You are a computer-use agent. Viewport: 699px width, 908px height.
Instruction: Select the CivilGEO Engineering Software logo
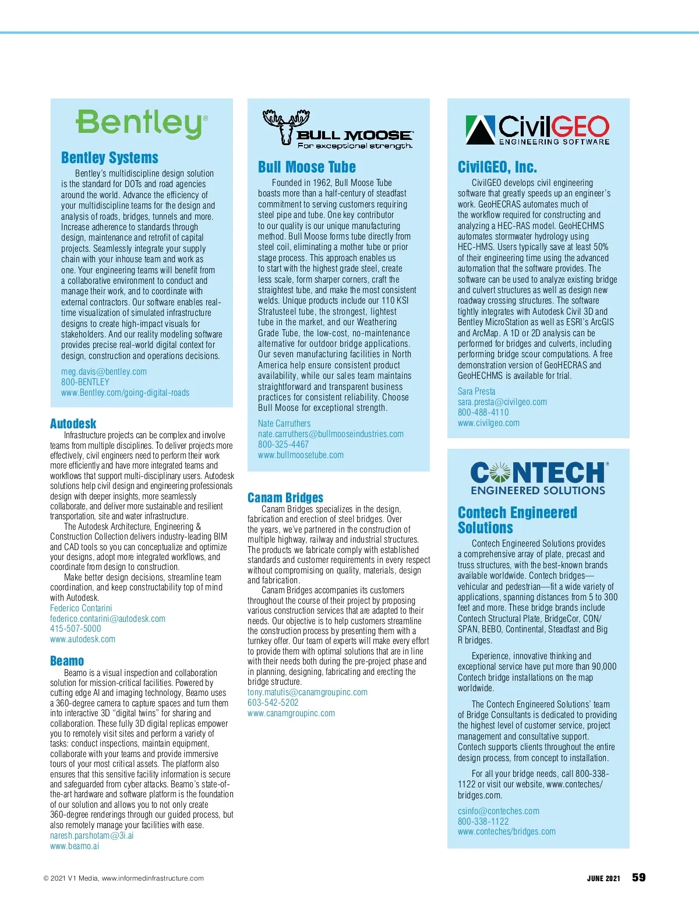coord(537,129)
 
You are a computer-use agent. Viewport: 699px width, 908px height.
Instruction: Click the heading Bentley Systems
coord(110,158)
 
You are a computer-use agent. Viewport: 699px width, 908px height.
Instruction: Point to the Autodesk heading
coord(73,424)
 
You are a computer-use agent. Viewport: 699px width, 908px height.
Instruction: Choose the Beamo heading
coord(67,661)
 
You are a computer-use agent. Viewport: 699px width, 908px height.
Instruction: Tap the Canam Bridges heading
coord(285,498)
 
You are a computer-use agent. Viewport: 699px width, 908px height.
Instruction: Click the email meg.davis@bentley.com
coord(104,372)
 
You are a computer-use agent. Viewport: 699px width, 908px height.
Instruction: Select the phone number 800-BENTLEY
coord(85,382)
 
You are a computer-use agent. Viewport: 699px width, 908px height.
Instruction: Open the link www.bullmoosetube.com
coord(301,455)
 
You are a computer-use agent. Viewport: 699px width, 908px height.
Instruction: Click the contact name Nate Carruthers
coord(284,424)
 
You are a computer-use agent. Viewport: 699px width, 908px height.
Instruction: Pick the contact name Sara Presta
coord(476,392)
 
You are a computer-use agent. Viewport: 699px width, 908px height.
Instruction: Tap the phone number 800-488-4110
coord(483,413)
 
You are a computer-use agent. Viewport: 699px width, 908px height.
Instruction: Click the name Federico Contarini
coord(81,608)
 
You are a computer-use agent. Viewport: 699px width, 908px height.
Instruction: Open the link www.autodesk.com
coord(83,639)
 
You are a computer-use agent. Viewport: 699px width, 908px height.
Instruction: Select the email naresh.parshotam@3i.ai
coord(91,836)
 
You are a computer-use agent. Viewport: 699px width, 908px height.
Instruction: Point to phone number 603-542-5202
coord(273,703)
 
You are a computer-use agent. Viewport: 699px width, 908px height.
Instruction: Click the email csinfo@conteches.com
coord(498,811)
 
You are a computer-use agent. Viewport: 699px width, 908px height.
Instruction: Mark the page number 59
coord(638,878)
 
